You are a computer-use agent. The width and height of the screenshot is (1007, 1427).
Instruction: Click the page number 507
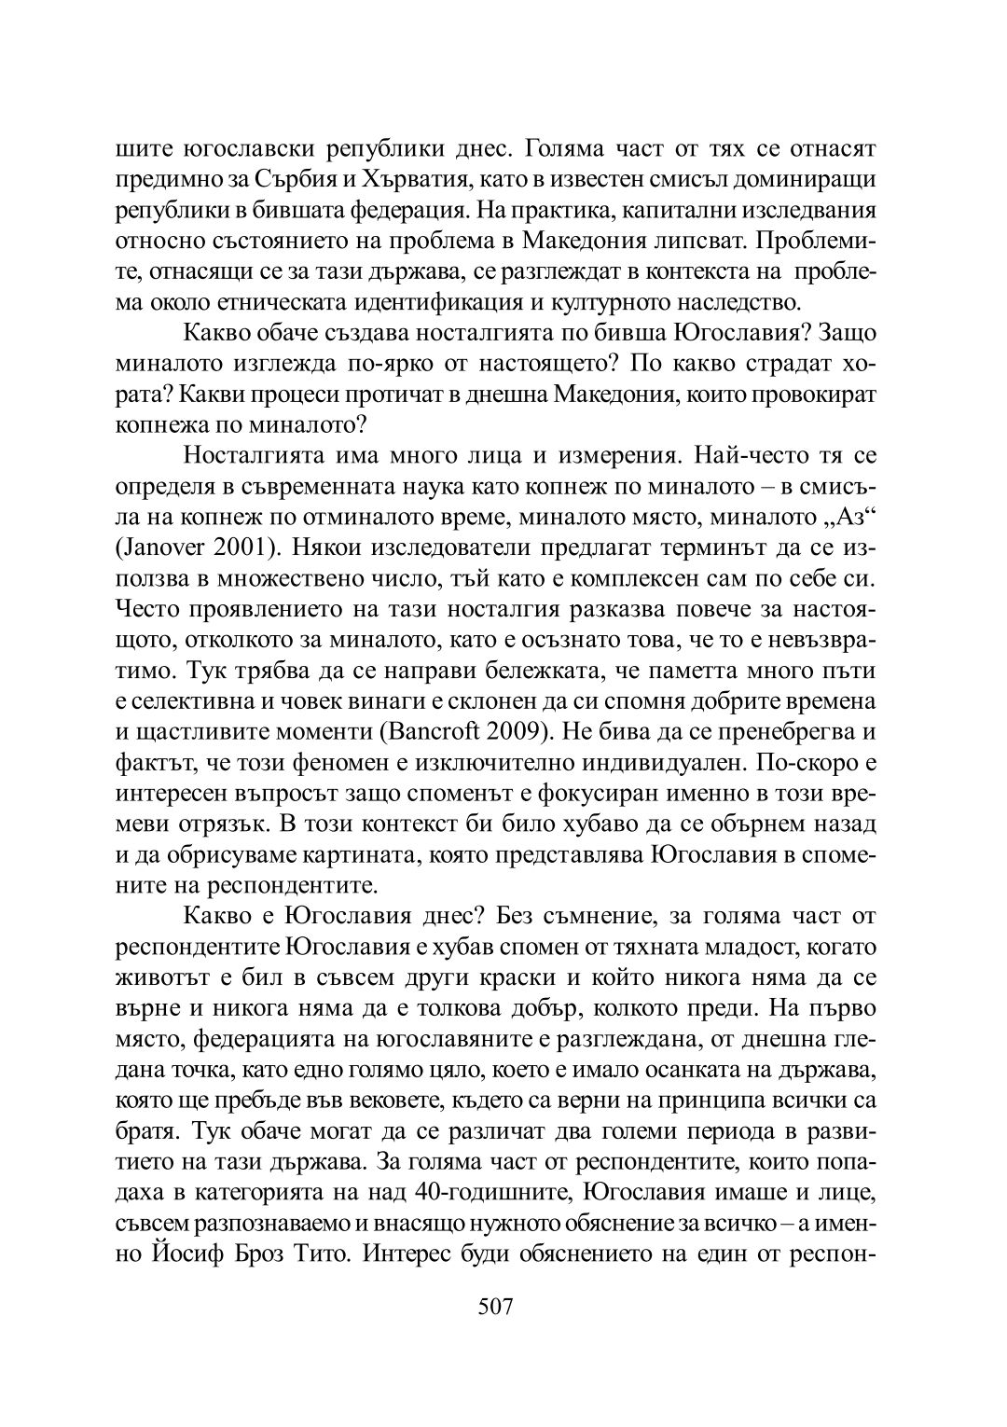click(x=495, y=1307)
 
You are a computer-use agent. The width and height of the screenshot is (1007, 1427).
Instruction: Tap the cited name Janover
click(x=160, y=547)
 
